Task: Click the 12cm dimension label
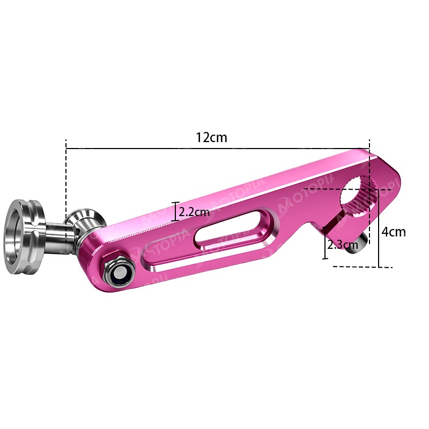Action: [211, 137]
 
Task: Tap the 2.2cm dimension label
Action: [194, 212]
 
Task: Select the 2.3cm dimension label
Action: [343, 245]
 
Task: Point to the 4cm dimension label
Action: [394, 232]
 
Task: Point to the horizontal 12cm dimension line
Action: [218, 149]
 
